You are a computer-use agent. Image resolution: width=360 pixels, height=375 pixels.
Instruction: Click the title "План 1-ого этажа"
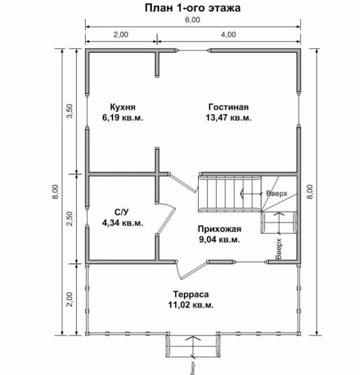point(193,7)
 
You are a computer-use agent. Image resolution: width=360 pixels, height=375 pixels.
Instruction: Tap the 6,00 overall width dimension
point(193,20)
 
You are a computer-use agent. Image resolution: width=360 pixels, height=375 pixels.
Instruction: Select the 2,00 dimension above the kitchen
point(121,35)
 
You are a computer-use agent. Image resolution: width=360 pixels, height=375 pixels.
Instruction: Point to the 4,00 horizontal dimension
point(228,35)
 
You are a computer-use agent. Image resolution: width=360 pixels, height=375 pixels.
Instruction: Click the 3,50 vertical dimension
point(69,111)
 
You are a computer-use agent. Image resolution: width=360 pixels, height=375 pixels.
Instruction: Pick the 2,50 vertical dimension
point(69,218)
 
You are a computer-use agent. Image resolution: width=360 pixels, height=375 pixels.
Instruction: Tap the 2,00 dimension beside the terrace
point(69,299)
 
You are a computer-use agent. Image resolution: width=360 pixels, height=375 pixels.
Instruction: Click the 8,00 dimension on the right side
point(310,191)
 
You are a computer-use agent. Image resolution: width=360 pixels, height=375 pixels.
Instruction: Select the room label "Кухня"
point(123,107)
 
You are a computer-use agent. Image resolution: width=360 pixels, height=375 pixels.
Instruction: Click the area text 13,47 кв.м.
point(228,118)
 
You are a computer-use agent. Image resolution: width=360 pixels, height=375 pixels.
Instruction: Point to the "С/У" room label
point(121,212)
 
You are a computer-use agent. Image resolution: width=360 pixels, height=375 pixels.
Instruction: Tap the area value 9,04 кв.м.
point(219,239)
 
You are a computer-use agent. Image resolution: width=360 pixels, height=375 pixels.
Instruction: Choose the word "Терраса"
point(191,294)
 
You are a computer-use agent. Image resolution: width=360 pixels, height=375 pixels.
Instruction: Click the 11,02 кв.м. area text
point(191,305)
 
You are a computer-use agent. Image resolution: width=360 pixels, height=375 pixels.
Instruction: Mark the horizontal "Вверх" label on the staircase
point(277,193)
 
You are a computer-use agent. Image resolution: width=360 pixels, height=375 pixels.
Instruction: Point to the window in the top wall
point(193,51)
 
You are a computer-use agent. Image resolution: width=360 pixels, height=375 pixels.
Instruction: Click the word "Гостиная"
point(228,107)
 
